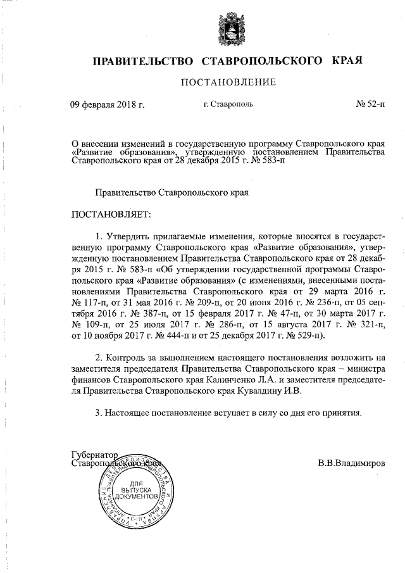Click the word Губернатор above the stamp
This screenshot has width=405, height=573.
(95, 455)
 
